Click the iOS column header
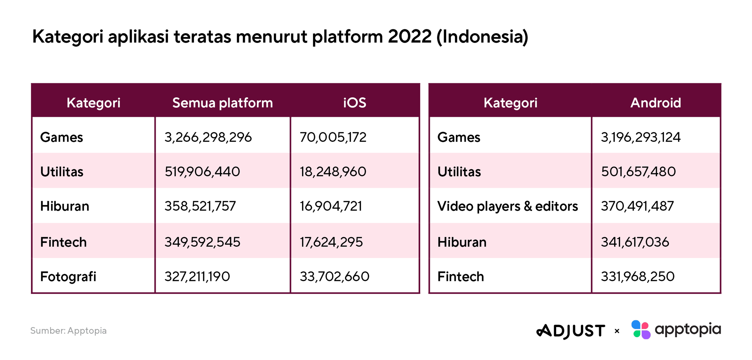[354, 103]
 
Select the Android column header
[656, 103]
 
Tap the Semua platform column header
[222, 103]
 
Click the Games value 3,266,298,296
[208, 137]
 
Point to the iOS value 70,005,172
[333, 137]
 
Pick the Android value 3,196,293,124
[641, 137]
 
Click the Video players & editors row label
[508, 207]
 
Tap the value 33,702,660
[334, 276]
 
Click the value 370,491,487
[637, 206]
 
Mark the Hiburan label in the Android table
[462, 242]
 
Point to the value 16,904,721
[331, 206]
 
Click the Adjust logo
[571, 331]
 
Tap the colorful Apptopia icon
[641, 330]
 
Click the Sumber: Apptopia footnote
[68, 331]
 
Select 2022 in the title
[410, 37]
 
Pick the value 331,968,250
[638, 276]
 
